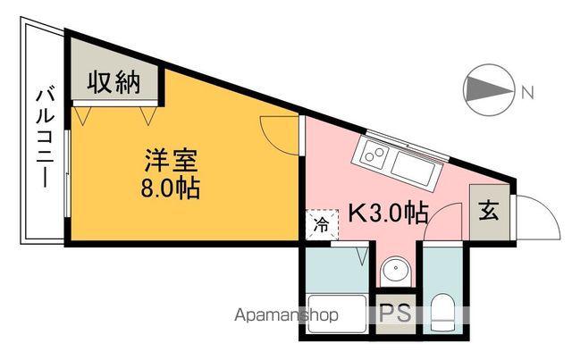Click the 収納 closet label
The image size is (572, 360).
coord(114,83)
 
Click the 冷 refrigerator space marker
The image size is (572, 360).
coord(320,224)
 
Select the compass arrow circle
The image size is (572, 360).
coord(488,90)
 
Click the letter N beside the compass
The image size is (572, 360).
coord(527,91)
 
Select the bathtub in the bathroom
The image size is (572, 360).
coord(335,312)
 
